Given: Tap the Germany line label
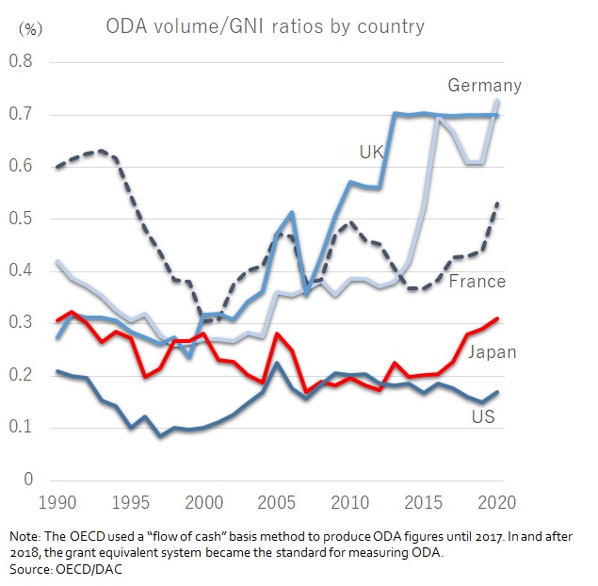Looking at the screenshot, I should coord(484,86).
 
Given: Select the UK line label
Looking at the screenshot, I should coord(371,151).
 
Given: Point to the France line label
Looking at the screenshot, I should coord(477,281).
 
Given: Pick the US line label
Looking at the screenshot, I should coord(484,415).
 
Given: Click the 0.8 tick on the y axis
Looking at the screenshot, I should coord(21,62).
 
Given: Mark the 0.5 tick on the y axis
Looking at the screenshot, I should coord(21,220).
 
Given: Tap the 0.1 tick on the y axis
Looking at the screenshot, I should coord(21,428).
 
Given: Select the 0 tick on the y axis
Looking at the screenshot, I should coord(29,480).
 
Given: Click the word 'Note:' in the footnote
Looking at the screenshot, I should coord(27,536).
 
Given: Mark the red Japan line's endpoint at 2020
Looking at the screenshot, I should coord(497,318).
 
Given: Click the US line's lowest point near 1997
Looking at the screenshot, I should coord(160,436).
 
